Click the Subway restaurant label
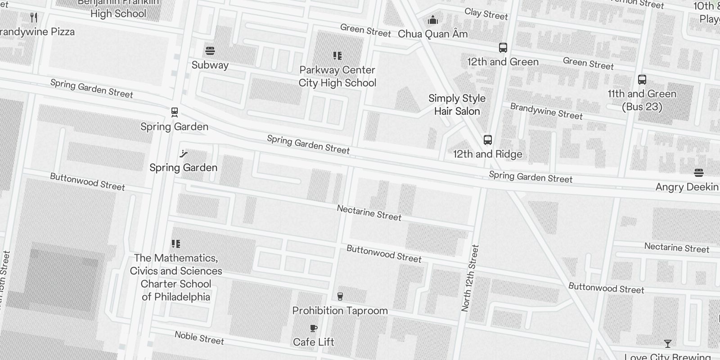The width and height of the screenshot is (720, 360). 210,65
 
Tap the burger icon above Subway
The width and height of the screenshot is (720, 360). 210,50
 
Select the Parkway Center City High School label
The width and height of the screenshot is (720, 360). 337,76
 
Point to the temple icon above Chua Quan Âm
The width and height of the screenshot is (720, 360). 433,20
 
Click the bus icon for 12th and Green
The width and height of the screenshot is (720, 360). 503,48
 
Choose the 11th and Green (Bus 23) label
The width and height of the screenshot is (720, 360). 642,100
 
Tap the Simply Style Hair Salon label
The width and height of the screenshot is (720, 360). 457,104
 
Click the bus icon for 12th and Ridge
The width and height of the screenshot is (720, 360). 487,139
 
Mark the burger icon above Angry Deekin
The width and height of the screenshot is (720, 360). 698,172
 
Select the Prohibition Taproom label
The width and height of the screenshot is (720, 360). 340,310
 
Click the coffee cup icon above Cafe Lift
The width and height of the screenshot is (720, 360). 314,328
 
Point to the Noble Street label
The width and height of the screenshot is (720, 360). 199,337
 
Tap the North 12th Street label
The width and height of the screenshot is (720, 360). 470,278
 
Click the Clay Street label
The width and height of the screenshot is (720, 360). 486,14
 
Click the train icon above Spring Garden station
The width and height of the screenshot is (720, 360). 175,112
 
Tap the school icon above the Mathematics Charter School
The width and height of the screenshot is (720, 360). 176,244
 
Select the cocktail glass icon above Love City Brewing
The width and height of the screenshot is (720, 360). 667,344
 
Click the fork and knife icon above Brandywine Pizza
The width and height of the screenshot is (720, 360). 34,18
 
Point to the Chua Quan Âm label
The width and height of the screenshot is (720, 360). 432,34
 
